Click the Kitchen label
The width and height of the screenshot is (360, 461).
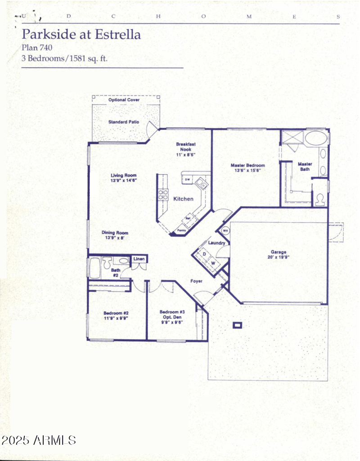click(184, 199)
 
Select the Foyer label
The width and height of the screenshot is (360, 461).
click(196, 281)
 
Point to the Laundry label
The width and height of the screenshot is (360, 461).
click(217, 243)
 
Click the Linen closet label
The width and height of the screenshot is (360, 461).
click(139, 259)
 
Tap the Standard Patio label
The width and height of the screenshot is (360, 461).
click(124, 122)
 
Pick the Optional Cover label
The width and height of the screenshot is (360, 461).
click(124, 100)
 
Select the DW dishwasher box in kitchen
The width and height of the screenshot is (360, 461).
click(187, 180)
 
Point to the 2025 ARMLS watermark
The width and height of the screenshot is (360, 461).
click(39, 440)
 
